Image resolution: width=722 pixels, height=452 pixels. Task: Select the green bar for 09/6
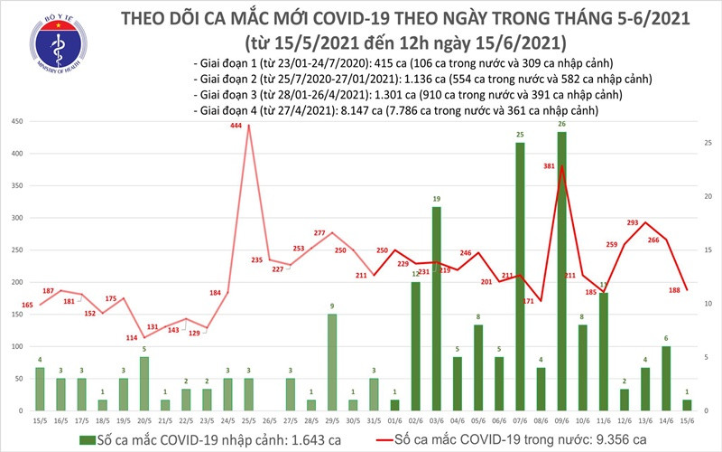561,271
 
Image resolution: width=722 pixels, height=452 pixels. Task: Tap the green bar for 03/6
436,307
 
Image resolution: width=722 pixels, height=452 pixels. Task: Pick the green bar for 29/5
331,362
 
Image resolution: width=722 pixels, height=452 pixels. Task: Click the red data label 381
548,166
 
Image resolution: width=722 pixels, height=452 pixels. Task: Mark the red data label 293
634,223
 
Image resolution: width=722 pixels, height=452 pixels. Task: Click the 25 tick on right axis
708,143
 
